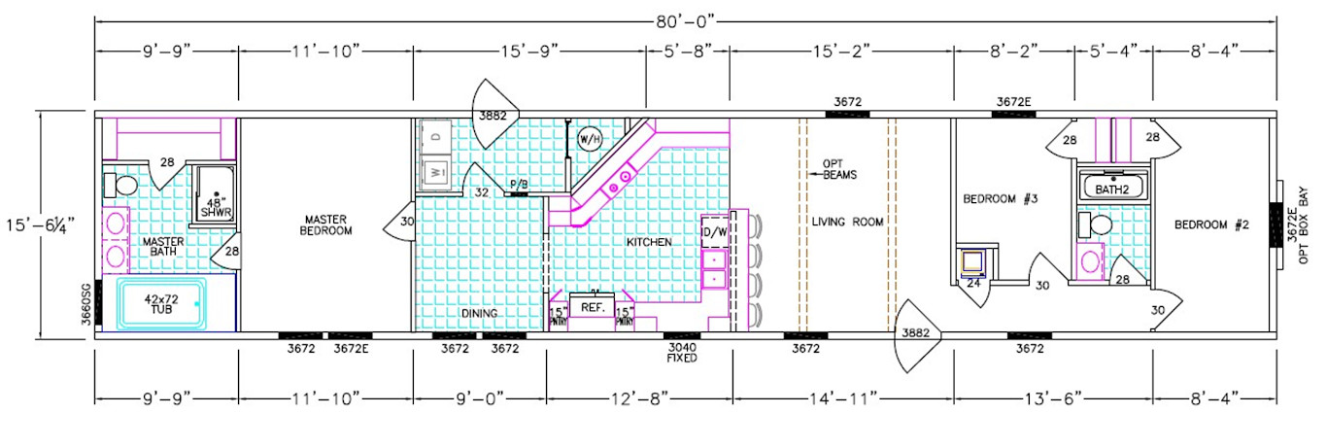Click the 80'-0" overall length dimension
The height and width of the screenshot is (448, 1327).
point(685,17)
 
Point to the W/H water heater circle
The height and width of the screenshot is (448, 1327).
point(590,139)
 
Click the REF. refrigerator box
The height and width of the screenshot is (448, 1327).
point(593,307)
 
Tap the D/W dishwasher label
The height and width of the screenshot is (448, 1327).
point(714,231)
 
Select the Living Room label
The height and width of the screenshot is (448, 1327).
point(848,222)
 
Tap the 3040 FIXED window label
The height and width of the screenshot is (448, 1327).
point(680,352)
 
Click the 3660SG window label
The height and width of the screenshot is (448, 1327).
point(85,300)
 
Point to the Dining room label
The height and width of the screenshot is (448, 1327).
point(481,313)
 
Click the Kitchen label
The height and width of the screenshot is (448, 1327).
point(649,241)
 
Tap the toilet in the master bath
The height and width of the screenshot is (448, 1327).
point(124,185)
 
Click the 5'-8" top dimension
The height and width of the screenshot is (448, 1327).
point(687,48)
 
